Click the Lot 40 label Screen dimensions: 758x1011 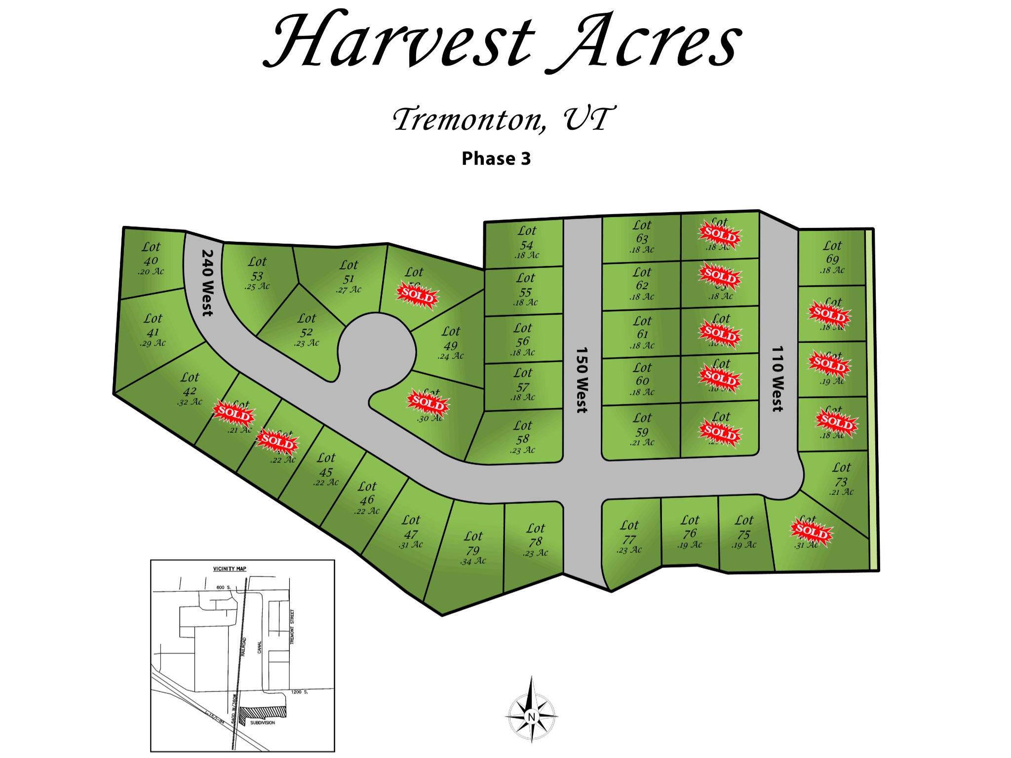click(x=151, y=254)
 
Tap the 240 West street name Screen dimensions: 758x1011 click(x=208, y=282)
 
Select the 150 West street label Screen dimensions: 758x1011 click(x=582, y=379)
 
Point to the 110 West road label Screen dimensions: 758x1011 click(x=778, y=379)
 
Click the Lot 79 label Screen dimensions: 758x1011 click(x=473, y=543)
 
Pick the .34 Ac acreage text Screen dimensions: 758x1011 click(x=473, y=561)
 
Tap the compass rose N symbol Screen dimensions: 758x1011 click(x=532, y=717)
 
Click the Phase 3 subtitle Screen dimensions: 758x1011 click(x=496, y=159)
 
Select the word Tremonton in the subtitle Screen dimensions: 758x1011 click(x=469, y=119)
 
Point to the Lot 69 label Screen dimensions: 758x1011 click(x=832, y=252)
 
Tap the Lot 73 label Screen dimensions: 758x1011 click(x=841, y=474)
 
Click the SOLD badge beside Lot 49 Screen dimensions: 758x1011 click(x=418, y=296)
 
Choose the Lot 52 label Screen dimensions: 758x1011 click(x=306, y=325)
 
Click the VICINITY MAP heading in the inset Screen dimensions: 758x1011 click(x=230, y=568)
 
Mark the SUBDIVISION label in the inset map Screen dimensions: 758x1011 click(x=263, y=722)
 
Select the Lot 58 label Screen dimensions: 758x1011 click(x=523, y=432)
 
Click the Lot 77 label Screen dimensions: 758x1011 click(x=629, y=532)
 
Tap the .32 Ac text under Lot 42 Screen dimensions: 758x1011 click(x=190, y=402)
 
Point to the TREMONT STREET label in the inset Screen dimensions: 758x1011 click(x=292, y=626)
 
